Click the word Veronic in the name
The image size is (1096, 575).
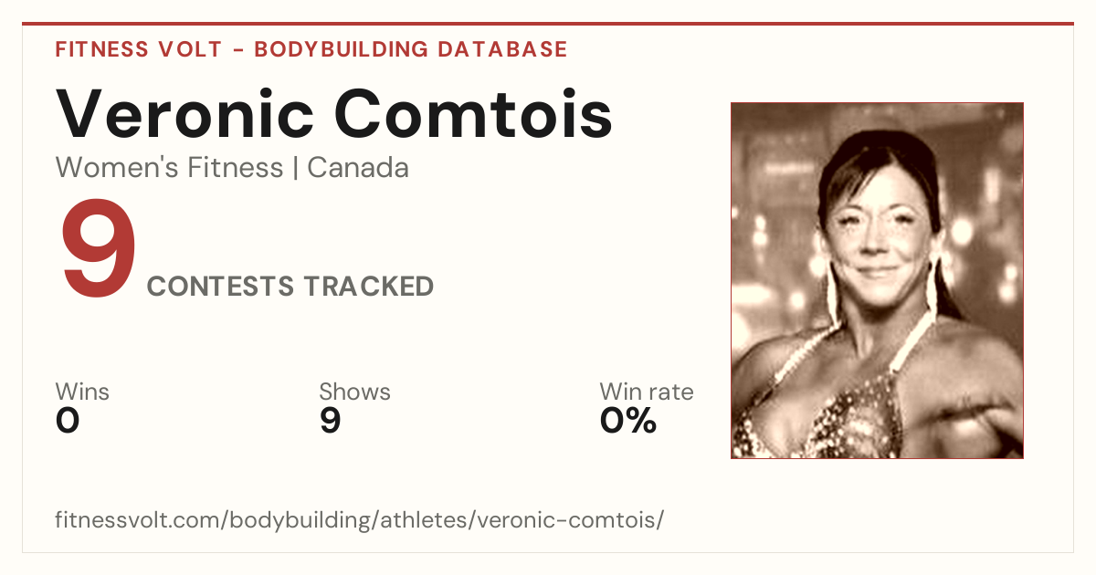click(184, 113)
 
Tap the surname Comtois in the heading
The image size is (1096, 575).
click(473, 113)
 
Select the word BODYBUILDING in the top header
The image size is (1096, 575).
click(341, 49)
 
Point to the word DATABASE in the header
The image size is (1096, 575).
click(502, 49)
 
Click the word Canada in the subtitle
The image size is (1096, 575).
click(358, 168)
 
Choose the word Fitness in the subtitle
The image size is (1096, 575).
click(236, 168)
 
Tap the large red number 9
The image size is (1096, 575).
click(99, 247)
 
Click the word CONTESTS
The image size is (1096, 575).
click(220, 286)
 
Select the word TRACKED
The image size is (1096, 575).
click(368, 286)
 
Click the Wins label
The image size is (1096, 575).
click(82, 392)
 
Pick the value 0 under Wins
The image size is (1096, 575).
click(68, 421)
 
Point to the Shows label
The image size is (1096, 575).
click(354, 392)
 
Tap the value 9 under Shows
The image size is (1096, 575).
click(331, 421)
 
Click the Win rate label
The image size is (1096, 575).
click(647, 392)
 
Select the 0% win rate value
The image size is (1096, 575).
click(628, 421)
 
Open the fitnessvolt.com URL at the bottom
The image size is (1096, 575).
click(359, 519)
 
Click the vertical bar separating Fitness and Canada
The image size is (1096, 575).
click(296, 168)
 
